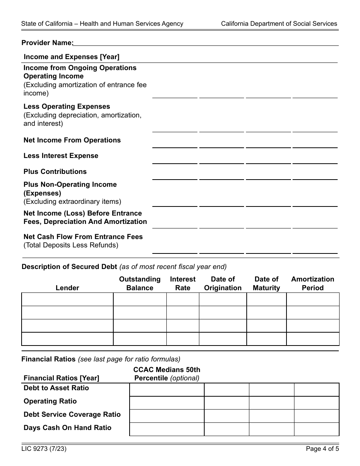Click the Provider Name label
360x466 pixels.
pyautogui.click(x=47, y=43)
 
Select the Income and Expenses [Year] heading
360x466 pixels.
pyautogui.click(x=71, y=57)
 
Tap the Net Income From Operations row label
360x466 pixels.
pyautogui.click(x=72, y=140)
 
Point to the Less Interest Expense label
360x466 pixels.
pyautogui.click(x=61, y=156)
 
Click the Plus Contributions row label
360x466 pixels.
pyautogui.click(x=55, y=172)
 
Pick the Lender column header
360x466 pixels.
pyautogui.click(x=67, y=288)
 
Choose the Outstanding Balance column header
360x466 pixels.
pyautogui.click(x=140, y=283)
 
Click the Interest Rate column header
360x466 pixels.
pyautogui.click(x=183, y=283)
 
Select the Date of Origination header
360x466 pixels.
pyautogui.click(x=223, y=283)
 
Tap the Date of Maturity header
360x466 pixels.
pyautogui.click(x=266, y=283)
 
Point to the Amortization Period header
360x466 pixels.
pyautogui.click(x=313, y=283)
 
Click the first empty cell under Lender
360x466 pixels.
pyautogui.click(x=67, y=299)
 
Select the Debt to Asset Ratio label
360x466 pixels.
pyautogui.click(x=56, y=388)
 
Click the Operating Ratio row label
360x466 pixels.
pyautogui.click(x=50, y=401)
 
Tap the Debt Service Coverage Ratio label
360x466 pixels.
pyautogui.click(x=72, y=414)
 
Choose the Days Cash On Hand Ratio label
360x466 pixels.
pyautogui.click(x=67, y=428)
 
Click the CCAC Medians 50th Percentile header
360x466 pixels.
pyautogui.click(x=167, y=374)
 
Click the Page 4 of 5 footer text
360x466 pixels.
pyautogui.click(x=322, y=449)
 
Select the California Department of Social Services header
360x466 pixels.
pyautogui.click(x=279, y=23)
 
